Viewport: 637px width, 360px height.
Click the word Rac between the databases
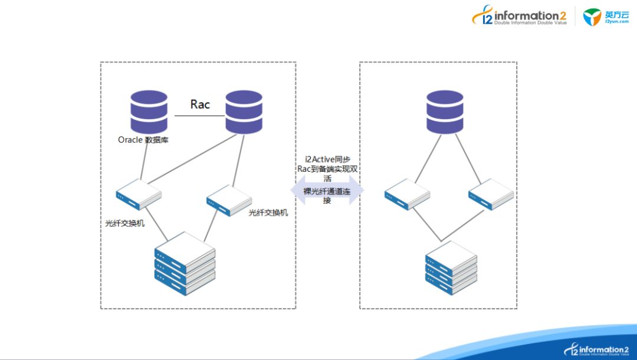coord(200,104)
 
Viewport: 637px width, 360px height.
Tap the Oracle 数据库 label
coord(143,140)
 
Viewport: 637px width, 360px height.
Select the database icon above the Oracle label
coord(149,112)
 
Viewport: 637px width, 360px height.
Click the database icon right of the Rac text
coord(244,112)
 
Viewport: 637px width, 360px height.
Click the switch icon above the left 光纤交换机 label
coord(139,194)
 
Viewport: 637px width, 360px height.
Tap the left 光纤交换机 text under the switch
coord(124,224)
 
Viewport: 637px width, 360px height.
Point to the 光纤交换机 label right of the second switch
coord(268,212)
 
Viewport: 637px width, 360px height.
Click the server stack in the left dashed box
coord(185,263)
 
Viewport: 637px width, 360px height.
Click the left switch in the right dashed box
coord(406,194)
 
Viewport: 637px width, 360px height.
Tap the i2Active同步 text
coord(327,160)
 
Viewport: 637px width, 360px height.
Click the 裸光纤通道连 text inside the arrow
coord(327,191)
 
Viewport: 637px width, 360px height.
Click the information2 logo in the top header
coord(520,17)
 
